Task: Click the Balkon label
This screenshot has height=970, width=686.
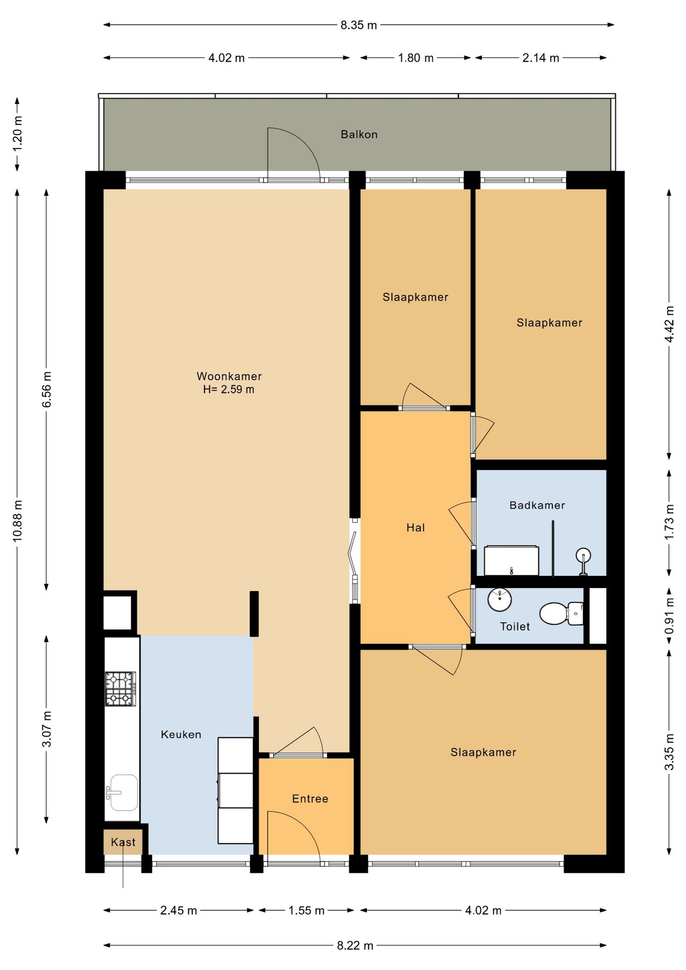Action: pyautogui.click(x=359, y=134)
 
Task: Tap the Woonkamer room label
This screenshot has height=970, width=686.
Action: pyautogui.click(x=229, y=376)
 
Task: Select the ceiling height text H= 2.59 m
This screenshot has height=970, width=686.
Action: pyautogui.click(x=229, y=390)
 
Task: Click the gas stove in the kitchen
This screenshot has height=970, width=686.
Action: pyautogui.click(x=120, y=689)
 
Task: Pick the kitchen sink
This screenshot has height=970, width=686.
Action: pyautogui.click(x=122, y=792)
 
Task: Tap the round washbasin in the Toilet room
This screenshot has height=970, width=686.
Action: pyautogui.click(x=500, y=600)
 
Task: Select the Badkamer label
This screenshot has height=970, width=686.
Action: pyautogui.click(x=537, y=505)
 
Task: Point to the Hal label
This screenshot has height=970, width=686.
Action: pyautogui.click(x=415, y=528)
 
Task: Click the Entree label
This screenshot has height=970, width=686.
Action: pyautogui.click(x=310, y=799)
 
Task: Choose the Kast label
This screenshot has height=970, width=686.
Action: pyautogui.click(x=123, y=842)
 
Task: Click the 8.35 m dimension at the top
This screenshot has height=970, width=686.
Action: pyautogui.click(x=359, y=25)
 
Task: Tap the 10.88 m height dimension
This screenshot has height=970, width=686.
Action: pyautogui.click(x=18, y=521)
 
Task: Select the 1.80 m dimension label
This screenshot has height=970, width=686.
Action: pyautogui.click(x=416, y=58)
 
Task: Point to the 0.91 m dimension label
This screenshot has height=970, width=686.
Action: pyautogui.click(x=669, y=616)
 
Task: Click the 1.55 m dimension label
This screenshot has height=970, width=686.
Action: pyautogui.click(x=306, y=910)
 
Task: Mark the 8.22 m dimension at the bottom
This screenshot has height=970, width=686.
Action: pyautogui.click(x=355, y=945)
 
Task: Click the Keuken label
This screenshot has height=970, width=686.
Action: pyautogui.click(x=181, y=735)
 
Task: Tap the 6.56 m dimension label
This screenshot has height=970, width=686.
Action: pyautogui.click(x=46, y=390)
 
